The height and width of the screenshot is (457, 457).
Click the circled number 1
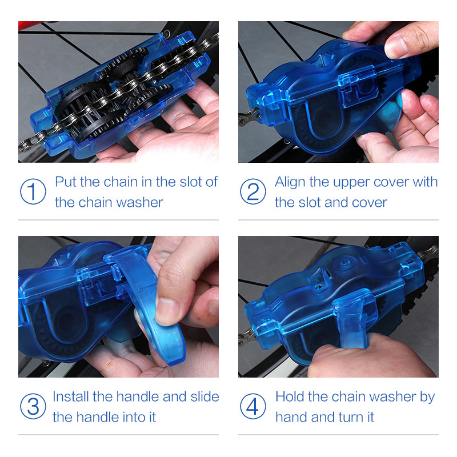pos(33,192)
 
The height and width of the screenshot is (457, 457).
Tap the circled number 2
pos(252,192)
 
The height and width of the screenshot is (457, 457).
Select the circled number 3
pos(33,407)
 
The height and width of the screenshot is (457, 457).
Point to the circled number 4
pos(252,407)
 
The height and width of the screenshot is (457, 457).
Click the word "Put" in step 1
pos(65,182)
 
